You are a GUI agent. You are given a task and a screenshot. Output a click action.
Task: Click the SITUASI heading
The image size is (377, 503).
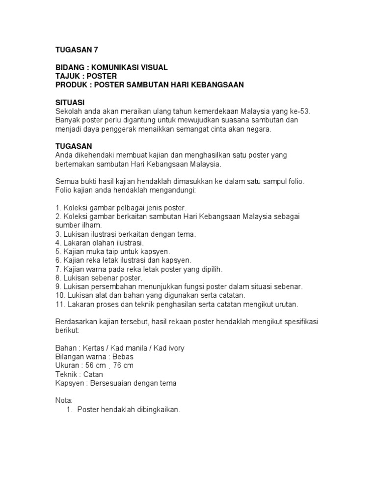pyautogui.click(x=70, y=103)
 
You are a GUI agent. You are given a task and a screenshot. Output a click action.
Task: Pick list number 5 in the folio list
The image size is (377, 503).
pyautogui.click(x=57, y=251)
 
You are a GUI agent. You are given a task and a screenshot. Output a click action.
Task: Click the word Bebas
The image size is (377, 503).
pyautogui.click(x=123, y=357)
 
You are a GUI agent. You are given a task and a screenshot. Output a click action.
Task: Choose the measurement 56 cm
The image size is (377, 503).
pyautogui.click(x=96, y=365)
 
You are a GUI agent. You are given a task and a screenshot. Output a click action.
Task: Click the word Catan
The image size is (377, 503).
pyautogui.click(x=93, y=374)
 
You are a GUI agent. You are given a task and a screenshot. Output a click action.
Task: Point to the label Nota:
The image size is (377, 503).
pyautogui.click(x=64, y=400)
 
